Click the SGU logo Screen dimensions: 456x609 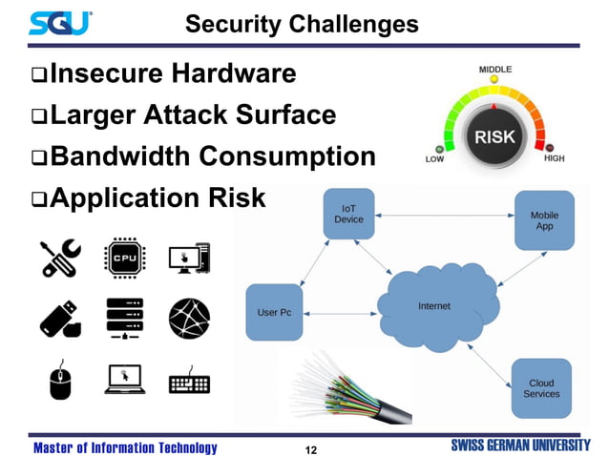coord(60,22)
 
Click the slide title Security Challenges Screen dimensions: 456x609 coord(302,23)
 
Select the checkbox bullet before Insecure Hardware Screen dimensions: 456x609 coord(38,73)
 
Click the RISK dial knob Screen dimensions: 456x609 coord(494,136)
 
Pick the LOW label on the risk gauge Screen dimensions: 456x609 coord(434,159)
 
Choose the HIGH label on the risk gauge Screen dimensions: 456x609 coord(555,158)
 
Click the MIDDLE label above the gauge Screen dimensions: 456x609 coord(494,70)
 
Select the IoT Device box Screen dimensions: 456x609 coord(348,214)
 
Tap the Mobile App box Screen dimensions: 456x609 coord(544,220)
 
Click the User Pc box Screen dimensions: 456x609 coord(274,312)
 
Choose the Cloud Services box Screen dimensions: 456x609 coord(541,387)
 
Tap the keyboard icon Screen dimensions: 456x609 coord(189,382)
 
